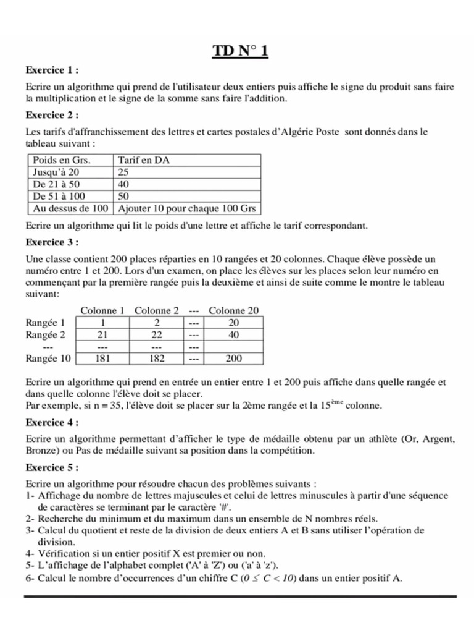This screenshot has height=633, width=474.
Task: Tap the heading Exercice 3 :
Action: (52, 241)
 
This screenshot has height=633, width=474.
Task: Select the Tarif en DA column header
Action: (143, 160)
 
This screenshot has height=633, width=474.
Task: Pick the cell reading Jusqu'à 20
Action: (56, 172)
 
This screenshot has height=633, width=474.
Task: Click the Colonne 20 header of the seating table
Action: (234, 310)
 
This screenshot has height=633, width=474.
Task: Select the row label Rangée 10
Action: (49, 358)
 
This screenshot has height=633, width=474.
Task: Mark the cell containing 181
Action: (103, 359)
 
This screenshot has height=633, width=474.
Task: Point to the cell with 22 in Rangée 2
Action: (157, 334)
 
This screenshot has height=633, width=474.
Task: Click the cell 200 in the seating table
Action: (234, 359)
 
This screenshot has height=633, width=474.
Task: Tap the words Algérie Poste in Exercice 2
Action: (308, 132)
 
